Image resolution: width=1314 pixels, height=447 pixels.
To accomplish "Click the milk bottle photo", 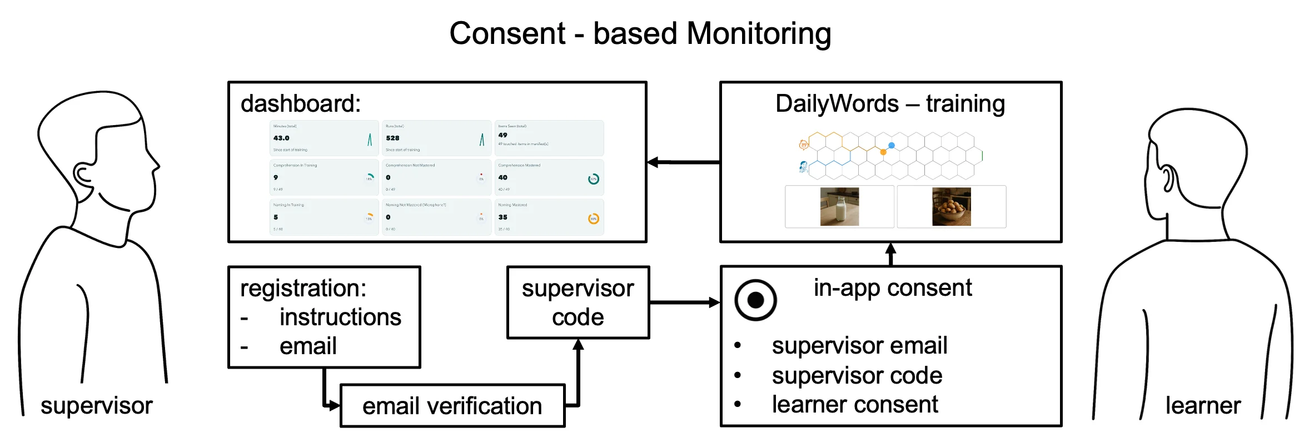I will coord(839,206).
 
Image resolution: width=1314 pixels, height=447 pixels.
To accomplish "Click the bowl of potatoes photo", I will coord(951,206).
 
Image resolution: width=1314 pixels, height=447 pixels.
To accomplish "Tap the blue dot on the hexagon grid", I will coord(892,145).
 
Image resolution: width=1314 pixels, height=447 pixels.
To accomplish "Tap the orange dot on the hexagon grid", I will coord(883,152).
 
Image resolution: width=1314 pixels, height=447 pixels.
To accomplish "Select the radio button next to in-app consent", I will coord(755,300).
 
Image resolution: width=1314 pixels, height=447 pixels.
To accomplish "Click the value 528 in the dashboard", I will coord(392,138).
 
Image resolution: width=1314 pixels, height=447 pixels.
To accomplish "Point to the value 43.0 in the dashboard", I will coord(281,138).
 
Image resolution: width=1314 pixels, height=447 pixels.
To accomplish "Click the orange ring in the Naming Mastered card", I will coord(594,218).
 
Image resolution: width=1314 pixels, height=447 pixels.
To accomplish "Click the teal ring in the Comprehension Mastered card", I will coord(594,179).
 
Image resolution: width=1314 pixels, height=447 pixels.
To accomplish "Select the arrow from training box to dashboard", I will coord(684,162).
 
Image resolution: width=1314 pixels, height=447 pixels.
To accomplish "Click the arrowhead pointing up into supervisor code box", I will coord(578,345).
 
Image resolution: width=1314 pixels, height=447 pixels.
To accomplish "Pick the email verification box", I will coord(452,406).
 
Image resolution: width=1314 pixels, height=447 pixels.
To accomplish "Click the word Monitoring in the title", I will coord(759,33).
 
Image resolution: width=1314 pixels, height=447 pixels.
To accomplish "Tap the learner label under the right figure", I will coord(1203,405).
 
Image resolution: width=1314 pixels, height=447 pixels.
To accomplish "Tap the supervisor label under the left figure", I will coord(97,405).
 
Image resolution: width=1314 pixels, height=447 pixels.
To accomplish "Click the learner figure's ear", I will coord(1167,178).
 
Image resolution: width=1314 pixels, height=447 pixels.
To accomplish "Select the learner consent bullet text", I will coord(854,404).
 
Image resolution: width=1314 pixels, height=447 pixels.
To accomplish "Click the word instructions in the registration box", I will coord(340,317).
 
